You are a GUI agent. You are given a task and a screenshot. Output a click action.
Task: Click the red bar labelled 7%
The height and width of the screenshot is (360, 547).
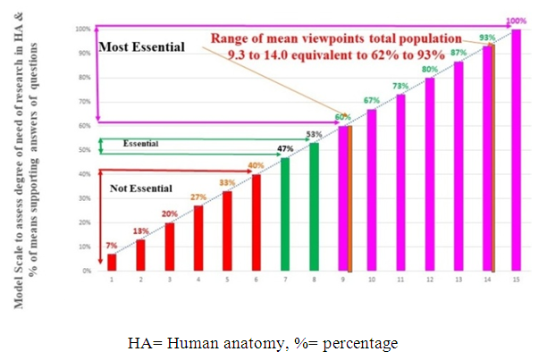(x=112, y=262)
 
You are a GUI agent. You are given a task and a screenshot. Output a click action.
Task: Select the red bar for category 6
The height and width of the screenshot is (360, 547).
(x=256, y=222)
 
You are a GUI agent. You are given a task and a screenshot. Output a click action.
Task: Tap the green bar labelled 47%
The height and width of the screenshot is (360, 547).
(x=284, y=213)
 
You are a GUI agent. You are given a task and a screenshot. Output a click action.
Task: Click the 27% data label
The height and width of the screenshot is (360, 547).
(x=198, y=197)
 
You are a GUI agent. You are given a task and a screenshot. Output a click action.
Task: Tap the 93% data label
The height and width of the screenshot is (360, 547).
(x=487, y=38)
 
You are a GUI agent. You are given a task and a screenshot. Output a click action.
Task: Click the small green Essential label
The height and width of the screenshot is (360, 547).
(x=141, y=143)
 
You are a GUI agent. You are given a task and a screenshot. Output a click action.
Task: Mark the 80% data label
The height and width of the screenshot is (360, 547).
(x=429, y=70)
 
